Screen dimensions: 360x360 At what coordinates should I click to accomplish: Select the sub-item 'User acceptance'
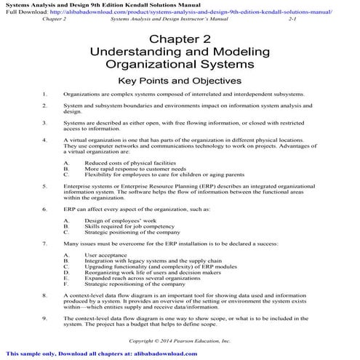[x=107, y=255]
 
